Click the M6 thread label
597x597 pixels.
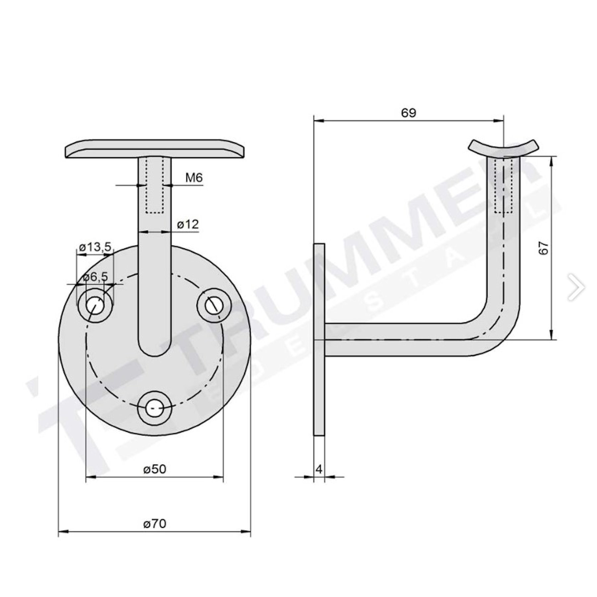tap(194, 178)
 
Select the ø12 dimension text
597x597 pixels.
tap(188, 225)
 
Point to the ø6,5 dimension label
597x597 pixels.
tap(96, 277)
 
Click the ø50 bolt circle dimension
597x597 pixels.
tap(155, 469)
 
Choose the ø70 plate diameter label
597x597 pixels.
tap(155, 524)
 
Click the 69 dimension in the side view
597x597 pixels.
tap(408, 113)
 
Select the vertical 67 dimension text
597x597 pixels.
tap(544, 248)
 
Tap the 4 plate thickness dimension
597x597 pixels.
tap(319, 469)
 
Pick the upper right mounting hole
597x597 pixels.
tap(214, 305)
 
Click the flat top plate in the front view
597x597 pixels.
tap(155, 148)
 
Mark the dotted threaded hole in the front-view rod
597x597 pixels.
tap(155, 186)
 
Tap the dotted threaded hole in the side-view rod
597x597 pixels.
tap(503, 186)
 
